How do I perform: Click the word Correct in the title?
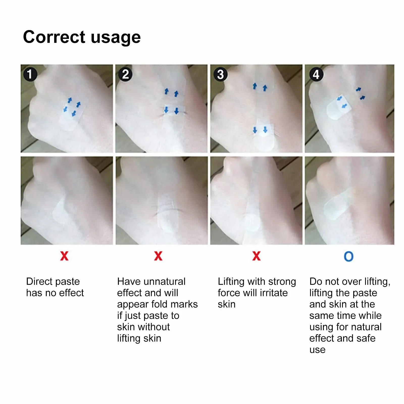click(x=54, y=37)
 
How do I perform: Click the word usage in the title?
click(x=115, y=37)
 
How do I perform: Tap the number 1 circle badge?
click(x=30, y=74)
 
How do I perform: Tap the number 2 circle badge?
click(x=125, y=74)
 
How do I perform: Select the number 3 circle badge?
click(x=220, y=74)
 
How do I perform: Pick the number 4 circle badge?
click(x=316, y=74)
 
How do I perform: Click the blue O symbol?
click(x=348, y=256)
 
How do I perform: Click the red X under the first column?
click(x=64, y=256)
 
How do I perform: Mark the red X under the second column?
click(x=158, y=256)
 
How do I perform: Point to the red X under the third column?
click(x=256, y=256)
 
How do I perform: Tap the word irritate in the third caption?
click(x=274, y=293)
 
